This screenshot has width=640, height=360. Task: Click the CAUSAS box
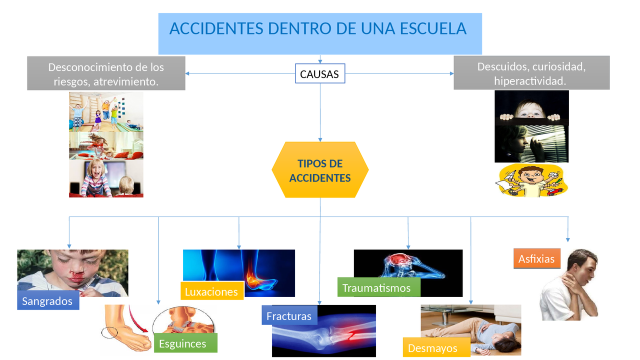click(x=320, y=73)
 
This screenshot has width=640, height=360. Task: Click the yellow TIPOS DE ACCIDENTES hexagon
click(x=320, y=169)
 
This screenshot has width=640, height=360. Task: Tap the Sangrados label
click(x=48, y=300)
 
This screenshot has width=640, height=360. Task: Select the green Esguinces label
click(x=185, y=343)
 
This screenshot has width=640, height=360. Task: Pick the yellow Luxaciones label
click(x=212, y=291)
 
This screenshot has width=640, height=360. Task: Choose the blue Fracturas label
click(x=289, y=315)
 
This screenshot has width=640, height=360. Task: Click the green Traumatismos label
click(x=379, y=287)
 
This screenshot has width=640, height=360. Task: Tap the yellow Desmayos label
click(x=436, y=347)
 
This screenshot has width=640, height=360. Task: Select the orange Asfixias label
click(x=537, y=258)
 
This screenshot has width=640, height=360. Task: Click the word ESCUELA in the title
click(x=433, y=28)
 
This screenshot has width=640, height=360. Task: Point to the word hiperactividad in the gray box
click(x=530, y=81)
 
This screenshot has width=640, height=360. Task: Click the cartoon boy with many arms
click(x=531, y=180)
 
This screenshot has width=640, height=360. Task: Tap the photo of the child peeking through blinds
click(x=531, y=143)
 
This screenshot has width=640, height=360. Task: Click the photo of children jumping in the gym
click(x=106, y=111)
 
